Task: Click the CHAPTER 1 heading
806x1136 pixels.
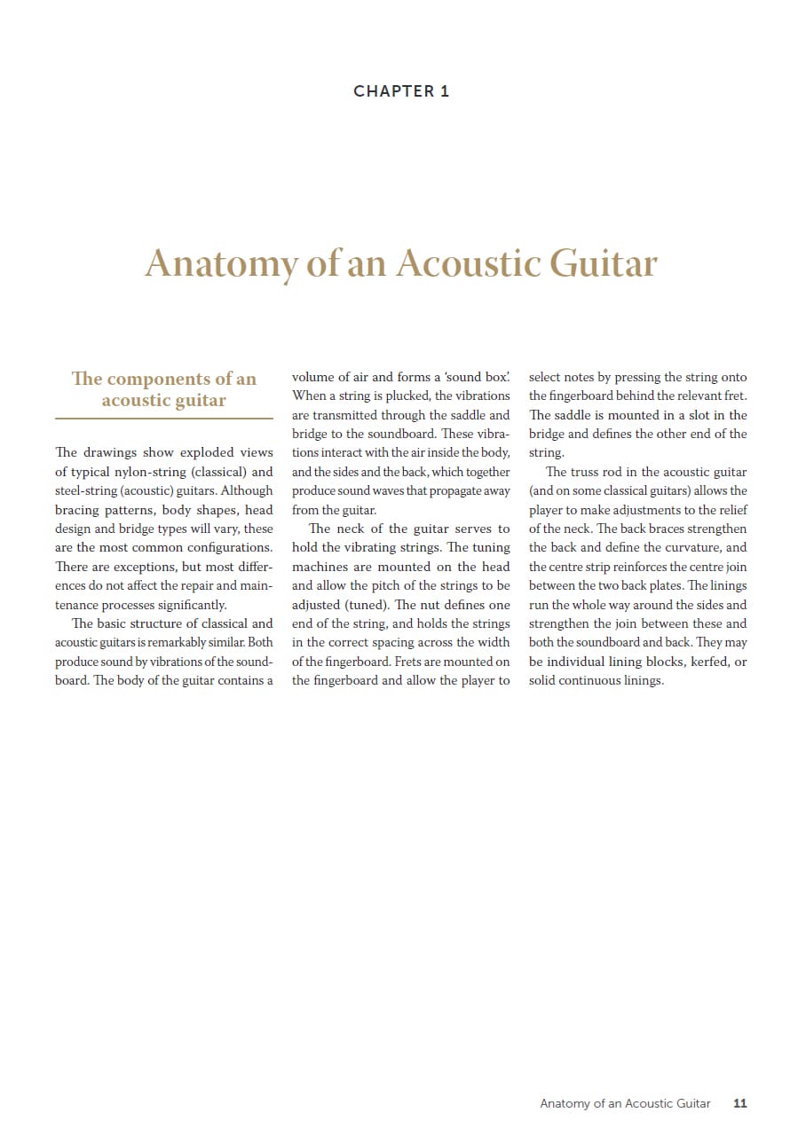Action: click(401, 91)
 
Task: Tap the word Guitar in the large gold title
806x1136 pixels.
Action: click(604, 263)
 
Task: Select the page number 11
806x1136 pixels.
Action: click(740, 1103)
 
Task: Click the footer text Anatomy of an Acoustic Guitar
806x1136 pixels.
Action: click(625, 1103)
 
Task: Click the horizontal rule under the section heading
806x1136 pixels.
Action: click(164, 418)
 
